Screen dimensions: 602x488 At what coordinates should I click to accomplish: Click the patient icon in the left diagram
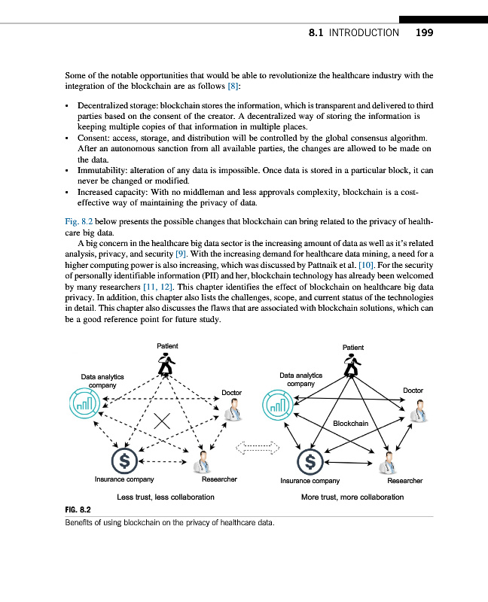(166, 365)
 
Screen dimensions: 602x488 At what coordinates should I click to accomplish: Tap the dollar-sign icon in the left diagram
(124, 458)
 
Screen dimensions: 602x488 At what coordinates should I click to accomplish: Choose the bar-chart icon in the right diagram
(276, 406)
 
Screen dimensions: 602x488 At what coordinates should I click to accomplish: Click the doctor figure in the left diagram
(233, 411)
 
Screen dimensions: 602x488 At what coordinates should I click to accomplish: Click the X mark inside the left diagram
(160, 422)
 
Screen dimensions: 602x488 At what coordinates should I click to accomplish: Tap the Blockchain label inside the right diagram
(350, 423)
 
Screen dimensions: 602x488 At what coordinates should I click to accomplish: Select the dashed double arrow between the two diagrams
(258, 450)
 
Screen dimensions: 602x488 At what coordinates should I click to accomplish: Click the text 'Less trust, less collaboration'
(166, 497)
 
